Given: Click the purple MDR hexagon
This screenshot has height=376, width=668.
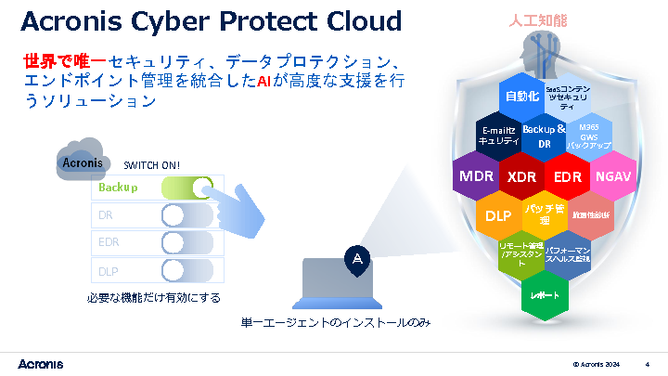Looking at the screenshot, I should pyautogui.click(x=476, y=175).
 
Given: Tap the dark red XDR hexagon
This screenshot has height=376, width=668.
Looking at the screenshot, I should pyautogui.click(x=522, y=176).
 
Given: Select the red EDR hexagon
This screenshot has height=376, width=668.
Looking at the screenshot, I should pyautogui.click(x=567, y=176).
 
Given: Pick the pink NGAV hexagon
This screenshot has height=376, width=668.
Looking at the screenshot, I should pyautogui.click(x=612, y=175).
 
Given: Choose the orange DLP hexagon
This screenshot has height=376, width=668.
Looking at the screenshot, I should pyautogui.click(x=499, y=215).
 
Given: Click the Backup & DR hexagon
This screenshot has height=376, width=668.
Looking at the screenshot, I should pyautogui.click(x=545, y=136).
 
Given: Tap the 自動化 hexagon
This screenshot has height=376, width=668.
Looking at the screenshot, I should pyautogui.click(x=521, y=96).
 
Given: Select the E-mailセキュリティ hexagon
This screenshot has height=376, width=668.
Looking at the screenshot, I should pyautogui.click(x=498, y=136).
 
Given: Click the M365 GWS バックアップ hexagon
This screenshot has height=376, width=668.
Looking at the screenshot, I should pyautogui.click(x=589, y=136).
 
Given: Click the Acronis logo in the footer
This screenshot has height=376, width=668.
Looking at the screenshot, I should pyautogui.click(x=41, y=362).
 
